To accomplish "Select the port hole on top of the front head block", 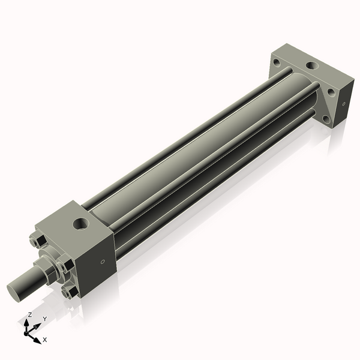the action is (80, 223).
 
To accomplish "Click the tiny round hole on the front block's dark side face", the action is (103, 262).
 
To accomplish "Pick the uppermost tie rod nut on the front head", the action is (38, 240).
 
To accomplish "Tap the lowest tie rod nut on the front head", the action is (70, 293).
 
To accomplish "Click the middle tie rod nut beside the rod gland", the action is (65, 265).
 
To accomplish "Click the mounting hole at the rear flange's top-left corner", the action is (277, 62).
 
